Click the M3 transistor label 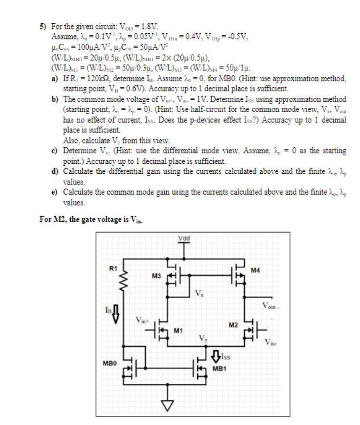click(155, 275)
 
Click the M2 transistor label click(232, 325)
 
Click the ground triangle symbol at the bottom click(166, 404)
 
